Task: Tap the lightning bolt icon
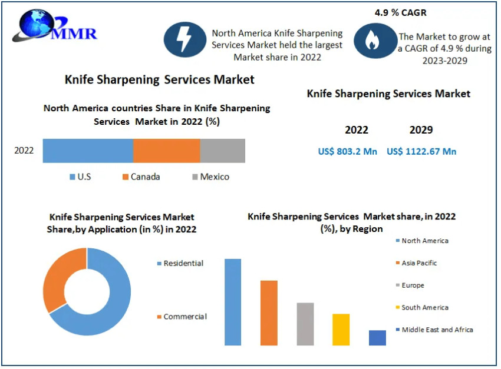click(x=184, y=39)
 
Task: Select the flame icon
click(x=372, y=40)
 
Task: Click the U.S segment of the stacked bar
click(x=88, y=151)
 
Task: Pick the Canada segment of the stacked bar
click(x=166, y=151)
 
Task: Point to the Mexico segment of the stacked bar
click(x=222, y=151)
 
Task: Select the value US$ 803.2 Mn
click(x=347, y=152)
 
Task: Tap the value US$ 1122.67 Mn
click(x=421, y=152)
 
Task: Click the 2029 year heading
click(x=421, y=130)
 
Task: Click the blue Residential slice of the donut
click(x=112, y=306)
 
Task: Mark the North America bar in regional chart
click(x=233, y=302)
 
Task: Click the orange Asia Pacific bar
click(x=269, y=313)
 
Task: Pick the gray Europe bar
click(x=305, y=324)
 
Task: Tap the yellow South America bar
click(x=341, y=330)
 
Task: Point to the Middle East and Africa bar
click(x=377, y=338)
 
